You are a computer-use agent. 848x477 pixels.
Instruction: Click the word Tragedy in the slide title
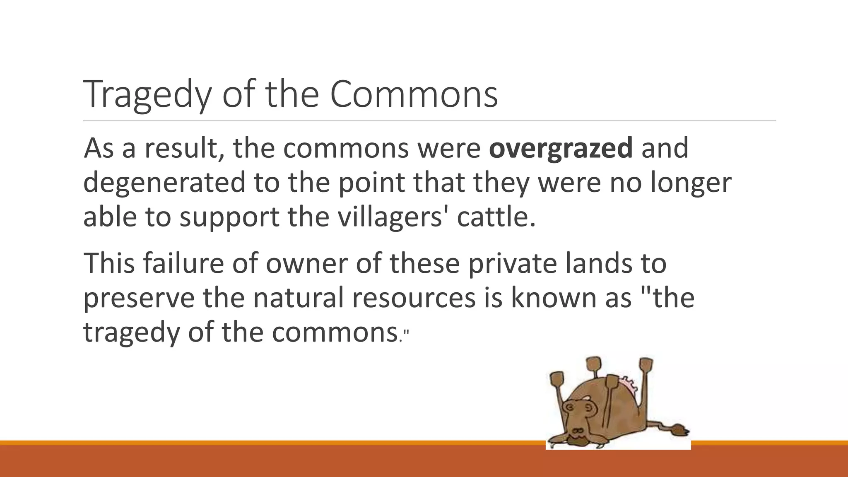147,94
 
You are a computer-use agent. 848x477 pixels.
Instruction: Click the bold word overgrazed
561,148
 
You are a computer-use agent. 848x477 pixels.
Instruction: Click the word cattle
495,217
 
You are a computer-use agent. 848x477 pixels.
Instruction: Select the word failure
183,263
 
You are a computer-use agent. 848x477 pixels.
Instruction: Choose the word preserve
139,298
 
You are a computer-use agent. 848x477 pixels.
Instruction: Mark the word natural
299,298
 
